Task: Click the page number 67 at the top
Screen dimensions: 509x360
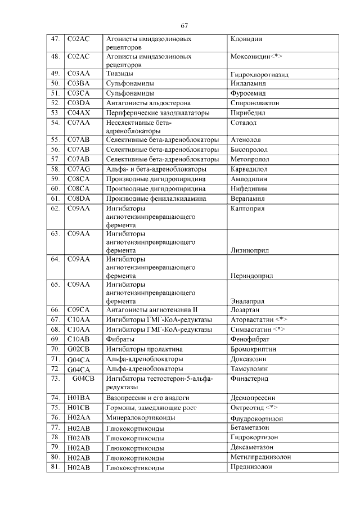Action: [x=184, y=26]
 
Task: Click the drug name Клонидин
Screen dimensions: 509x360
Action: [x=246, y=40]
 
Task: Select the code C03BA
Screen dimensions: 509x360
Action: [x=79, y=83]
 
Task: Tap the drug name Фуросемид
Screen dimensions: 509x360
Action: [x=248, y=93]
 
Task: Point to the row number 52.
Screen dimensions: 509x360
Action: [x=55, y=103]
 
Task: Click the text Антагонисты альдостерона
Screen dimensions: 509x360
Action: [x=148, y=103]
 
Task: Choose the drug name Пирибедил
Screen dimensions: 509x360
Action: [x=247, y=113]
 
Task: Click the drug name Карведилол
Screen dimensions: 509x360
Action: [x=249, y=169]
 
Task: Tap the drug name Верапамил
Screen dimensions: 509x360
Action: [x=248, y=199]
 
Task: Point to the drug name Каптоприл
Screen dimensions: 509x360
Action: [x=247, y=209]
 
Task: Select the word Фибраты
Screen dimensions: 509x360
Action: [x=120, y=339]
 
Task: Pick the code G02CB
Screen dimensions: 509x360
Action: [x=79, y=349]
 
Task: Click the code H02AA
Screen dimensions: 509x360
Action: [x=79, y=418]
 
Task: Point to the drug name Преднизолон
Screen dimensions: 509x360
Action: [x=251, y=467]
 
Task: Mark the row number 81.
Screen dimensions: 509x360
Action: [x=55, y=467]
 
